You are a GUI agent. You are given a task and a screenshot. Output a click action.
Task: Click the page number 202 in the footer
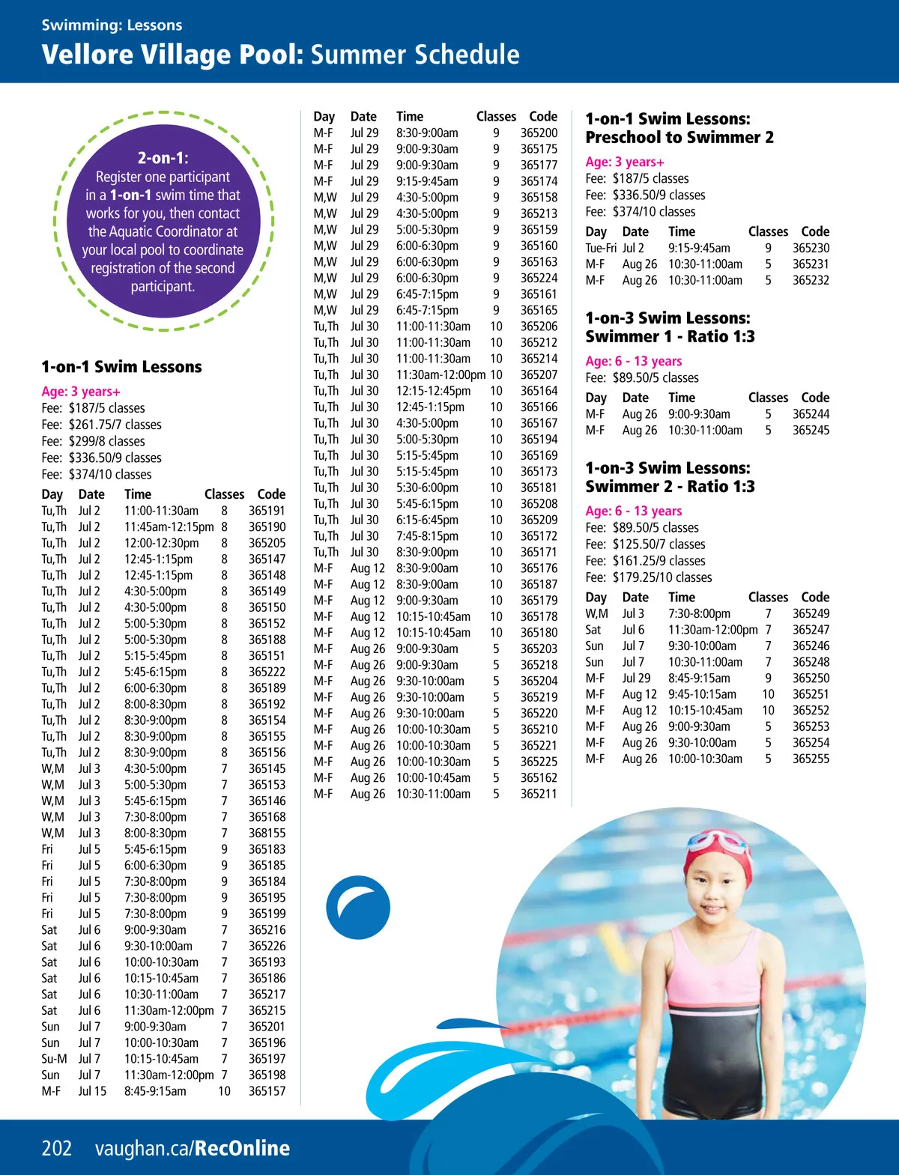[x=57, y=1148]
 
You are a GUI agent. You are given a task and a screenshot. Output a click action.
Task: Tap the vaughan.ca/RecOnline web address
[x=192, y=1148]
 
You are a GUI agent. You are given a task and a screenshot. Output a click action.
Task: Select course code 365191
[x=267, y=511]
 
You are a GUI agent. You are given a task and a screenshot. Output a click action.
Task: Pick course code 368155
[x=267, y=833]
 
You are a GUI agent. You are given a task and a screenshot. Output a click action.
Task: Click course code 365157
[x=267, y=1091]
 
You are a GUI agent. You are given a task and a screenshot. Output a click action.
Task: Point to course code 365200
[x=539, y=133]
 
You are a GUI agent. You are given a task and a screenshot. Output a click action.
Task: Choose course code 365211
[x=539, y=794]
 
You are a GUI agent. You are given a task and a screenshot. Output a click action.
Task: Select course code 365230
[x=811, y=248]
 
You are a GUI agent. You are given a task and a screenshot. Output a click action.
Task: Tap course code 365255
[x=811, y=759]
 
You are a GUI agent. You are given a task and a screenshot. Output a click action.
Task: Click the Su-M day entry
[x=54, y=1059]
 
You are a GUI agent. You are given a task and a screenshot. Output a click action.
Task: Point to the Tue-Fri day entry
[x=601, y=248]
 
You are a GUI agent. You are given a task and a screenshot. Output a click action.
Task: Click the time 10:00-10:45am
[x=433, y=778]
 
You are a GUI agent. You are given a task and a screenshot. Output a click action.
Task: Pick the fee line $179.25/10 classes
[x=649, y=577]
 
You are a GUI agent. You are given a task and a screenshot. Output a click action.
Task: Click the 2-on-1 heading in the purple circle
[x=163, y=158]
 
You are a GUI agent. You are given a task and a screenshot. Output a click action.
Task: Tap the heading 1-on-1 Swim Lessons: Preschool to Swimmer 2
[x=679, y=128]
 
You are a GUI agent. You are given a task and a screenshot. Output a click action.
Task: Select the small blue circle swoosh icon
[x=358, y=908]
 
